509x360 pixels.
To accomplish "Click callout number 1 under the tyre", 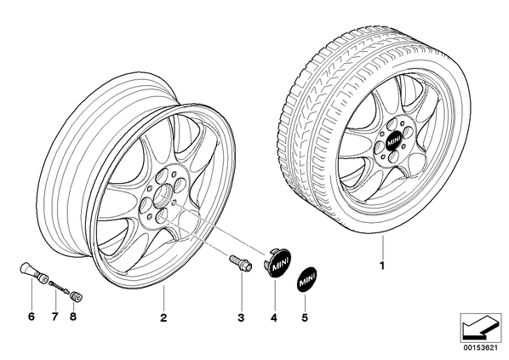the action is point(382,266).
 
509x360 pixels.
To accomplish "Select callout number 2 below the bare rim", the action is point(163,317).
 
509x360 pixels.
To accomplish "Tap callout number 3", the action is point(241,317).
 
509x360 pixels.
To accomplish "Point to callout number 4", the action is point(274,317).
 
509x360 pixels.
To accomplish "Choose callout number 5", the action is point(305,317).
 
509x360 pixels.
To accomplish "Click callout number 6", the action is point(31,317).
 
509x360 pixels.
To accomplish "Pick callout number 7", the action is point(54,317).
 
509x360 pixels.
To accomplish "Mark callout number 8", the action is point(73,317).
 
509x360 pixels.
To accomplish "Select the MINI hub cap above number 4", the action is point(277,262).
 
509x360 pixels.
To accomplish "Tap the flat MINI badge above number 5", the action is point(306,279).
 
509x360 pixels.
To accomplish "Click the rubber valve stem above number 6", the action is point(34,273).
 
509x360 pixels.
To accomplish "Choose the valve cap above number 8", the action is point(77,297).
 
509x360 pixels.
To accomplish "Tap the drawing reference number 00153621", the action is point(480,348).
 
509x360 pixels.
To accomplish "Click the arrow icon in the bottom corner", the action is point(480,327).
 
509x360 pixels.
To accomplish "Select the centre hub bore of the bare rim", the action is point(162,196).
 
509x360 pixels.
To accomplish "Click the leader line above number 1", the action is point(383,247).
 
